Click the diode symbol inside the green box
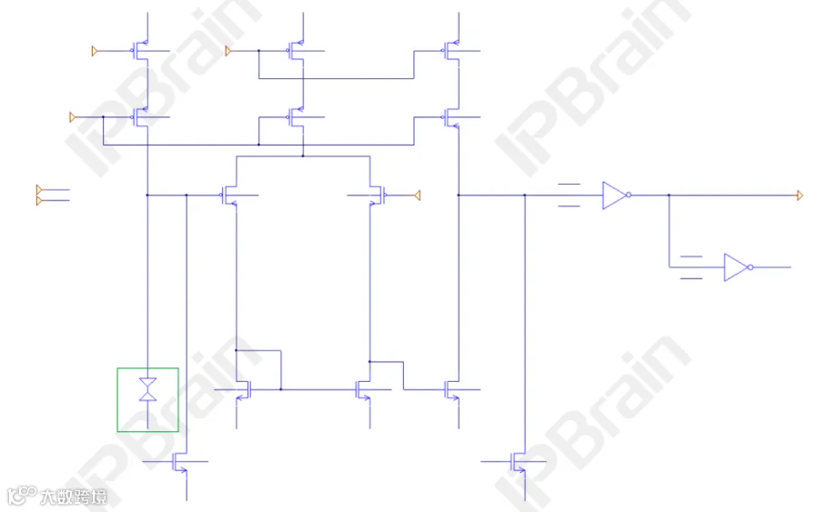147,390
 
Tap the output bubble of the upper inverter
629,196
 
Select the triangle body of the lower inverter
736,267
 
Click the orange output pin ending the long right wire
800,196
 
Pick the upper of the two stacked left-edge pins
39,189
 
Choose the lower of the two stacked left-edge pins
39,201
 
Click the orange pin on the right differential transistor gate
418,196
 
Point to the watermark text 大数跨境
74,497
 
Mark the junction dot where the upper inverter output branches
669,196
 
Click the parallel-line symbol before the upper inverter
569,196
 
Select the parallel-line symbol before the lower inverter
691,267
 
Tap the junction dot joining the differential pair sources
303,156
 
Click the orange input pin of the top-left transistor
95,51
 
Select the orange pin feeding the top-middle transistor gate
228,51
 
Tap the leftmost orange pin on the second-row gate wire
73,117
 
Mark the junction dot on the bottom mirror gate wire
281,389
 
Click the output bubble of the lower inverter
751,267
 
